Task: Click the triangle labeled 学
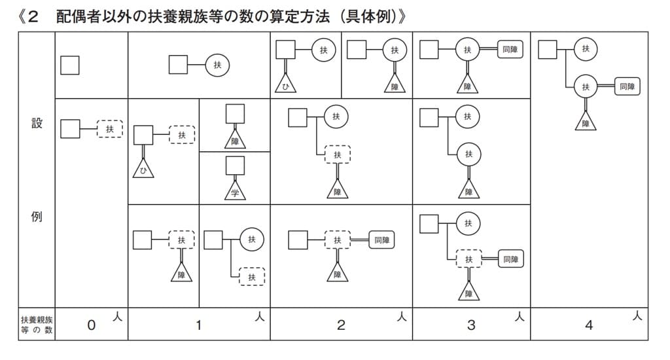click(236, 191)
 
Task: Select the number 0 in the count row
click(92, 325)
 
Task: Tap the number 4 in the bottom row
click(589, 325)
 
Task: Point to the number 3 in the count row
click(471, 325)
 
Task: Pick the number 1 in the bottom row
click(198, 325)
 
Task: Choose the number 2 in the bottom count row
click(341, 325)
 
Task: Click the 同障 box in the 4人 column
click(627, 86)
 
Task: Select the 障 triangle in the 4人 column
click(586, 122)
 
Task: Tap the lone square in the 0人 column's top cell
click(70, 65)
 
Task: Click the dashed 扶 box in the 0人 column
click(110, 129)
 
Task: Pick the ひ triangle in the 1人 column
click(143, 170)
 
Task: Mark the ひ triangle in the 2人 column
click(285, 85)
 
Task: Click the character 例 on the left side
click(37, 217)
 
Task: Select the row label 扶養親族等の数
click(37, 325)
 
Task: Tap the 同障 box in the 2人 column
click(381, 240)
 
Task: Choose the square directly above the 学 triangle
click(236, 166)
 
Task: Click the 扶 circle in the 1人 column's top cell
click(217, 65)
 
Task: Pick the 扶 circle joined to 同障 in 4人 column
click(586, 86)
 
